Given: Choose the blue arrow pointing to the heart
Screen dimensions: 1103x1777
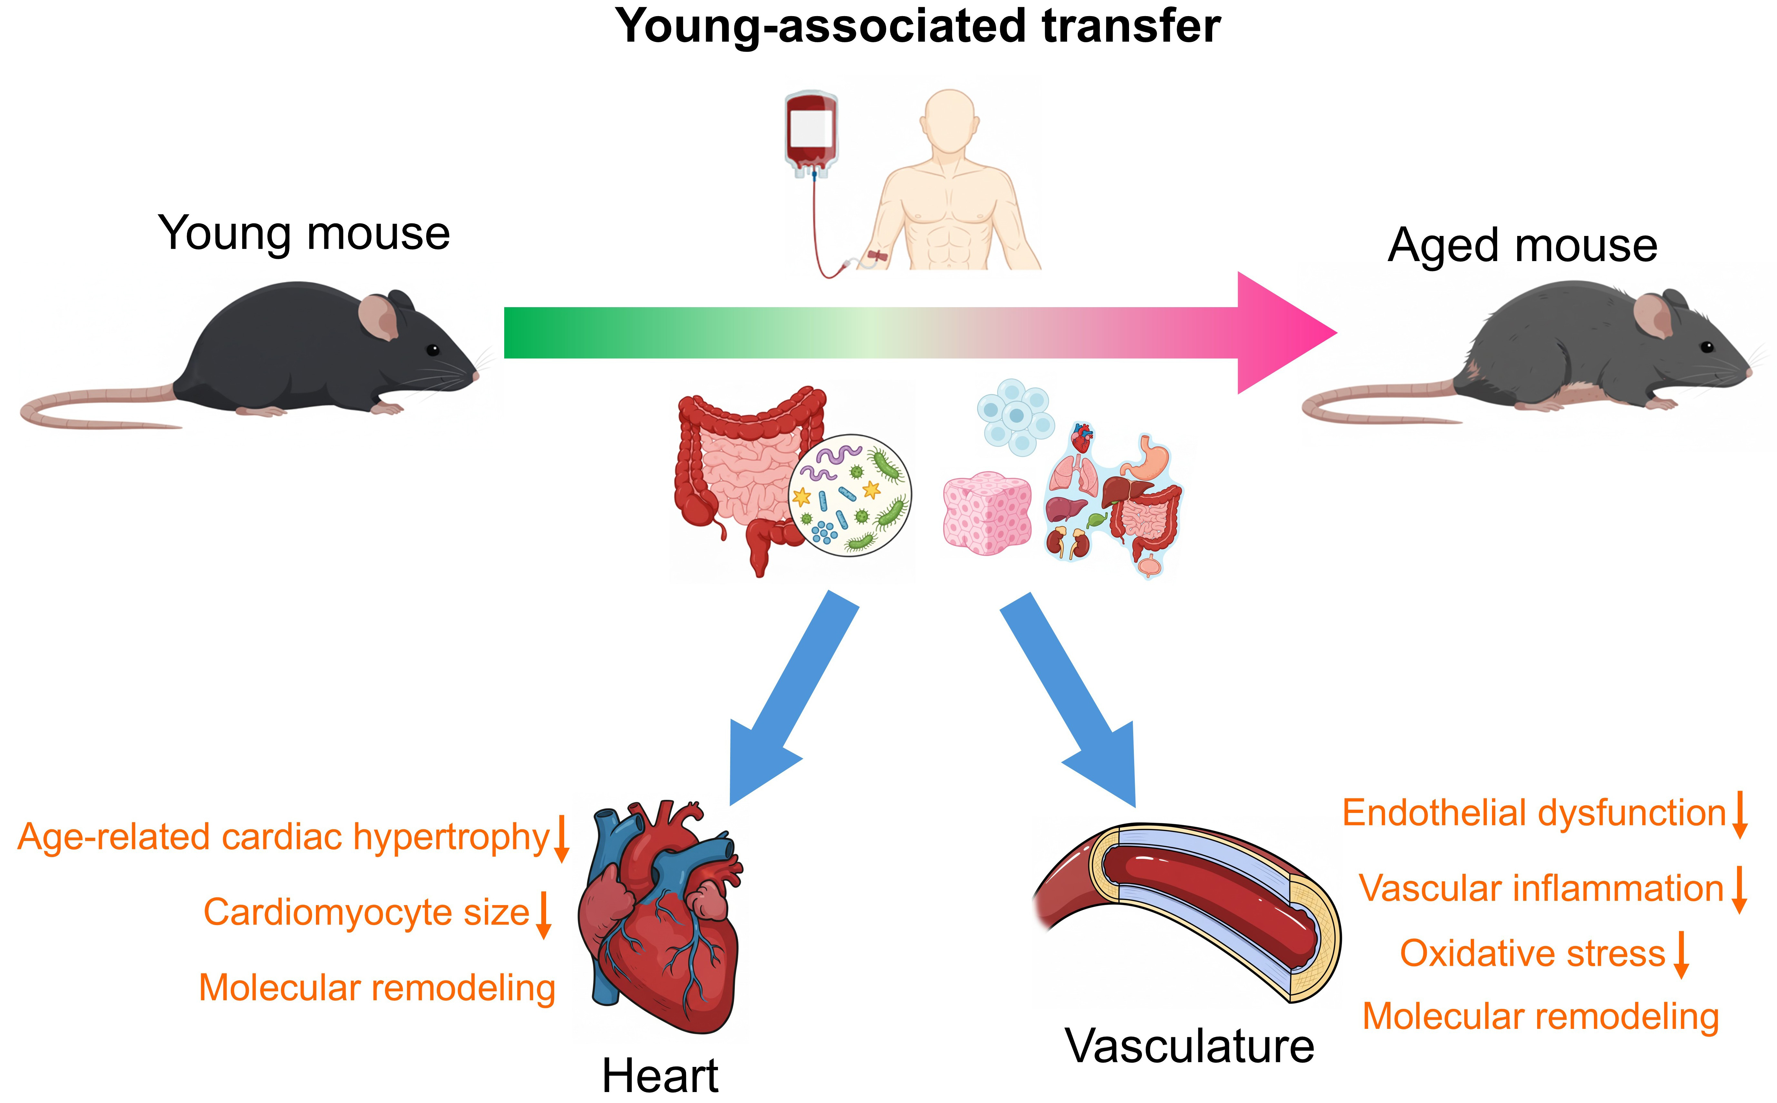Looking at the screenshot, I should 788,700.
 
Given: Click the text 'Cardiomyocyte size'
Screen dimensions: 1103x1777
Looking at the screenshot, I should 366,913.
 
